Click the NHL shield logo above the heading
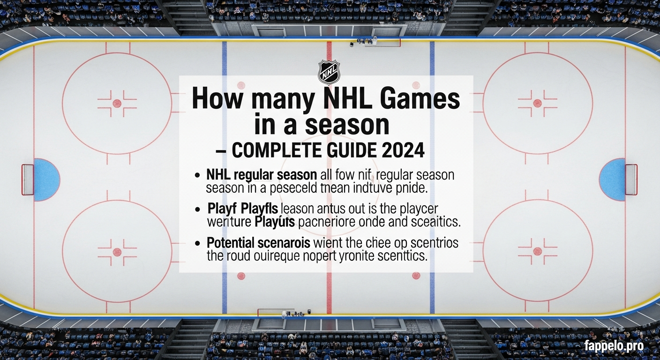(x=329, y=72)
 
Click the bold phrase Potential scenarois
(x=258, y=243)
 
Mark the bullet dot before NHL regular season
(x=198, y=176)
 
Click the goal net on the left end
(x=27, y=180)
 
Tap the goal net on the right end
(x=631, y=180)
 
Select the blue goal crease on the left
(x=46, y=180)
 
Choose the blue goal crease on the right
(x=612, y=180)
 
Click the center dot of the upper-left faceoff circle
(x=117, y=103)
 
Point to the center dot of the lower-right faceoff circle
(x=537, y=251)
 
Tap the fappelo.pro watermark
(x=614, y=346)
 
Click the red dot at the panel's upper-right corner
(x=416, y=85)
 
